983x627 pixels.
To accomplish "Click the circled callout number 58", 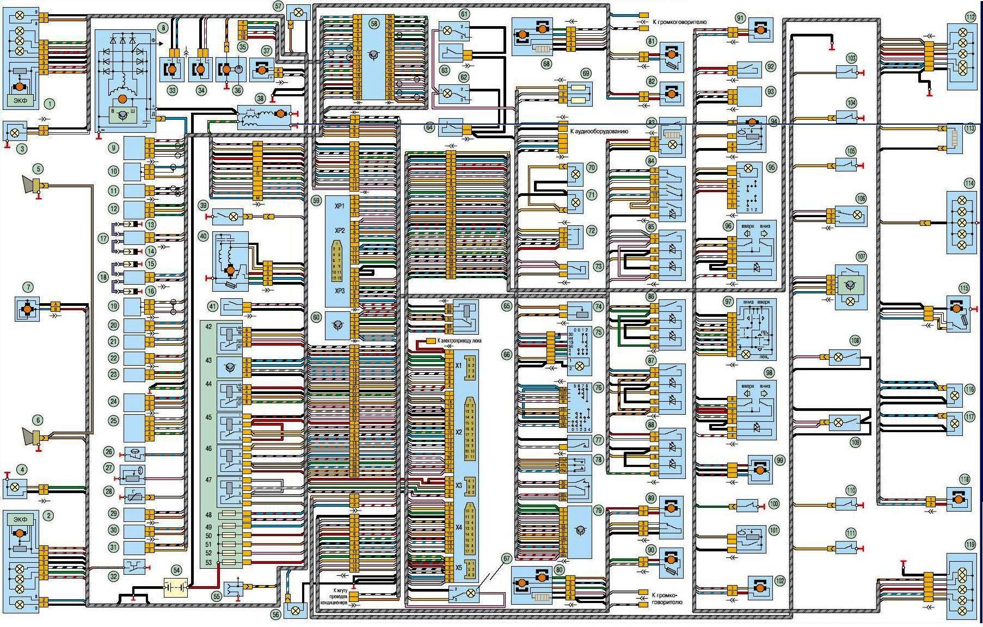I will (x=373, y=24).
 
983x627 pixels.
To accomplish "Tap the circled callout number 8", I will (x=162, y=27).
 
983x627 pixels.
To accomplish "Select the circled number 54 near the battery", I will (x=176, y=570).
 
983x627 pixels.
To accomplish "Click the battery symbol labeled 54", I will (x=176, y=588).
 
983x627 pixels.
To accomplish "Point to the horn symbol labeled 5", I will (x=32, y=185).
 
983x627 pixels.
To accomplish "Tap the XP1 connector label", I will (x=340, y=207).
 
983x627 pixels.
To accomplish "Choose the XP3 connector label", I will (x=340, y=291).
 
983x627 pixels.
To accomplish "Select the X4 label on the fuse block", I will (x=459, y=527).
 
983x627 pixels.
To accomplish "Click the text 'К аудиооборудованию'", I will (x=599, y=131).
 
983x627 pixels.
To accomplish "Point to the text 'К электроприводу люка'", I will (x=462, y=341).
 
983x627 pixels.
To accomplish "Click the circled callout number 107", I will (x=861, y=257).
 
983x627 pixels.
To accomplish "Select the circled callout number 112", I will (x=970, y=17).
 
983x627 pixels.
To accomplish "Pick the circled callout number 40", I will (x=203, y=236).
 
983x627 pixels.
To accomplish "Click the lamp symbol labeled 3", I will (x=15, y=132).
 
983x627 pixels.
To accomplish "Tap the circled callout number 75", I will (x=599, y=332).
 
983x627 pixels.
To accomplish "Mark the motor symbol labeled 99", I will (x=760, y=469).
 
